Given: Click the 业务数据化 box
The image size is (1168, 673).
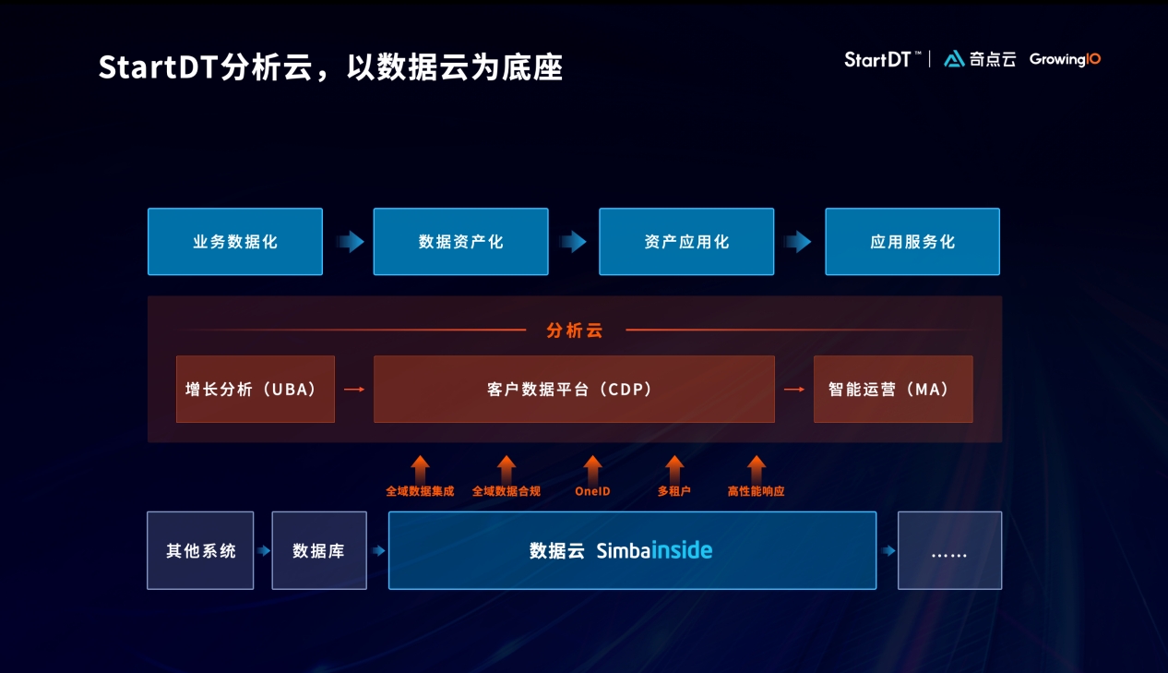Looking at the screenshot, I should point(235,242).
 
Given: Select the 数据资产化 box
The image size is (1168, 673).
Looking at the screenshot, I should point(460,242).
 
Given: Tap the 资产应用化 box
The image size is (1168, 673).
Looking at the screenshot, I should point(686,242).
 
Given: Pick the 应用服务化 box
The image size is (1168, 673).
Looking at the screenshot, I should point(912,242).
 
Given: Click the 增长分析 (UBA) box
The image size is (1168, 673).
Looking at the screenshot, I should point(256,390).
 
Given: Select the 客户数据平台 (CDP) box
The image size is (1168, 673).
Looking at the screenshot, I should point(574,390).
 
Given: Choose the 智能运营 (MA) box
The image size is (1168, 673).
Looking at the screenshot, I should point(893,390).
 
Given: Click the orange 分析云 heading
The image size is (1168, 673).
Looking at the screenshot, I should point(574,330).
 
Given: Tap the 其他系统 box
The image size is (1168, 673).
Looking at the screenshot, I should point(200,551).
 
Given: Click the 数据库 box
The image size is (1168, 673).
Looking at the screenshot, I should point(319,551).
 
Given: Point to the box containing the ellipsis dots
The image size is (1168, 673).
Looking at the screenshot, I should point(949,551).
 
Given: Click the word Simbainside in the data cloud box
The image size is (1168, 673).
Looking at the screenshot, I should point(654,551).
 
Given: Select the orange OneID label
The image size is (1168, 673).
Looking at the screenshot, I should point(592,491).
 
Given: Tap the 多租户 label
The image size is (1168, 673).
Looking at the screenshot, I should point(674,491).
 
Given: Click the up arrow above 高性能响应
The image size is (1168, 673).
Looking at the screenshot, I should point(757,467).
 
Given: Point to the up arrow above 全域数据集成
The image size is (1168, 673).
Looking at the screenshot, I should point(420,467).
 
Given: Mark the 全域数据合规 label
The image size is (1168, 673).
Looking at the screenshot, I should point(507,491).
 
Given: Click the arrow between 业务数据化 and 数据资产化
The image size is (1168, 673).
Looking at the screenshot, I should point(350,242).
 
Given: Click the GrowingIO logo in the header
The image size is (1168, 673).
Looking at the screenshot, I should point(1065,59).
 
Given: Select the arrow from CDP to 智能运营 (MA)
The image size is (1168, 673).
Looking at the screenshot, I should point(793,390).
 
